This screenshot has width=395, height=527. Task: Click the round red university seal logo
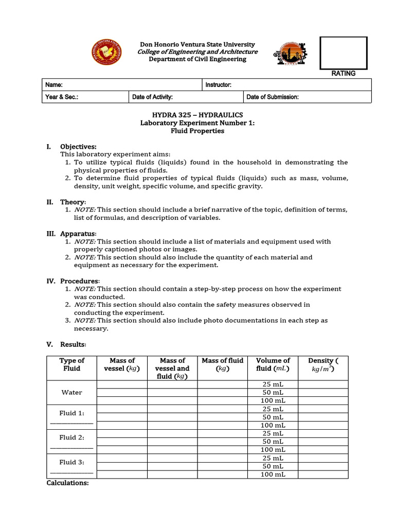[x=107, y=52]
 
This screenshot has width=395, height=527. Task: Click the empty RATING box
[x=343, y=53]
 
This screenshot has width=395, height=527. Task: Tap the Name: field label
[x=54, y=85]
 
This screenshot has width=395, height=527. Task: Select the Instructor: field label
[x=219, y=85]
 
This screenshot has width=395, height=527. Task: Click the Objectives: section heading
[x=78, y=147]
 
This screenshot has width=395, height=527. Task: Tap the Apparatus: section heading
[x=78, y=234]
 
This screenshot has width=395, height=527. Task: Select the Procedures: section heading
[x=80, y=281]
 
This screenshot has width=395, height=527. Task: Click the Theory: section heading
[x=73, y=202]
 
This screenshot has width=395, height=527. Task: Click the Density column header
[x=323, y=364]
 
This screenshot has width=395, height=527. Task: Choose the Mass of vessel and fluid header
[x=172, y=368]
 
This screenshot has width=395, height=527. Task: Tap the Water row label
[x=71, y=392]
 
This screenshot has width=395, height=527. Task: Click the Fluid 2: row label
[x=71, y=437]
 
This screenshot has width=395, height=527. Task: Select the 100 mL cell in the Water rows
[x=273, y=400]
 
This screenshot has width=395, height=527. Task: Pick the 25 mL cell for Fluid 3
[x=273, y=458]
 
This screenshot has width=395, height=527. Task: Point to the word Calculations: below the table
[x=67, y=483]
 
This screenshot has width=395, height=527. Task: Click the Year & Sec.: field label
[x=62, y=97]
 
